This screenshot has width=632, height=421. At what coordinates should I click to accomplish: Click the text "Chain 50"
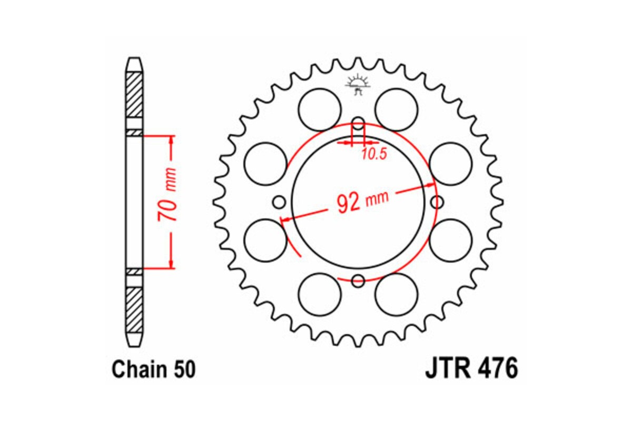click(153, 369)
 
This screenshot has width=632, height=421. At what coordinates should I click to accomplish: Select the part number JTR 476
click(471, 369)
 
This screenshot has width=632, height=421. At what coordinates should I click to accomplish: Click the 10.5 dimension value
click(374, 154)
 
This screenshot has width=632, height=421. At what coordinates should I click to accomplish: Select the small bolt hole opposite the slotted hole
click(358, 280)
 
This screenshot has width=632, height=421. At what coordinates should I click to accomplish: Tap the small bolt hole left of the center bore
click(279, 202)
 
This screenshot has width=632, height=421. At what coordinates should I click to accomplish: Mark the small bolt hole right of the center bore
click(437, 202)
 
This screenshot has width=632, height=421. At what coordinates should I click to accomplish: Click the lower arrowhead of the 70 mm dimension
click(171, 264)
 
